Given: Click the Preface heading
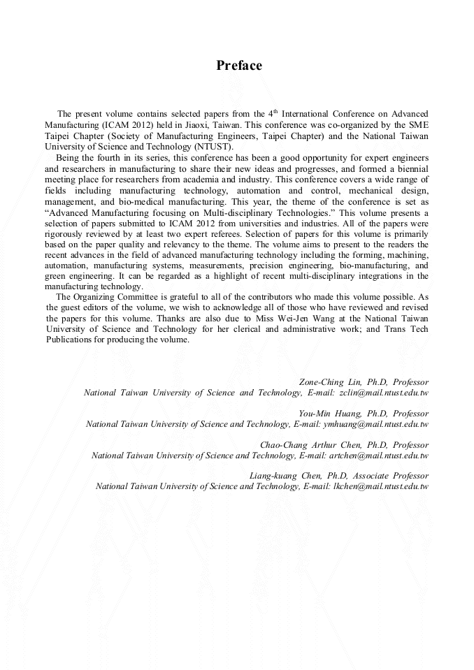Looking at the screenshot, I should (x=239, y=66).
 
